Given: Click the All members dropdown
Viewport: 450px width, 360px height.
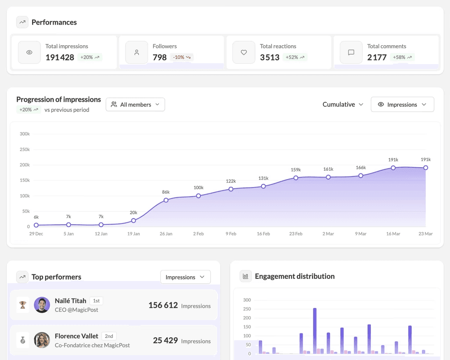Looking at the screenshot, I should click(135, 104).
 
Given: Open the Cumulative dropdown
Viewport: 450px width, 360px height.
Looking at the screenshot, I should click(343, 104).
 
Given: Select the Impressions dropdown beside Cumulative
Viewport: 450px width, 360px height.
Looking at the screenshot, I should click(402, 104).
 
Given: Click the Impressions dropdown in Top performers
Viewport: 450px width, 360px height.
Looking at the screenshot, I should click(185, 277).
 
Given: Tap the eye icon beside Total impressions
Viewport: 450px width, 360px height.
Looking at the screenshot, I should click(29, 52).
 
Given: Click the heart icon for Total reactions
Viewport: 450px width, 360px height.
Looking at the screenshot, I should click(244, 52).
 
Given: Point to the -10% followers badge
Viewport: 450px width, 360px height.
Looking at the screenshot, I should click(181, 57).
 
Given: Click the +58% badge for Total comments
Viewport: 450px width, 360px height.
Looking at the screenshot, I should click(402, 57).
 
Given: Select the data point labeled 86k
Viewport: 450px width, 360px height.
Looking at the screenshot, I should click(166, 200).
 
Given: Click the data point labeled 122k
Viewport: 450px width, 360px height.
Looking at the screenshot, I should click(231, 189).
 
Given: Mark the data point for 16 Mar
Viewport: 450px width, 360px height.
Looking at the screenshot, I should click(393, 168).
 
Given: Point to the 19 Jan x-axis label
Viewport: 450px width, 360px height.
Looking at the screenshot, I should click(134, 234).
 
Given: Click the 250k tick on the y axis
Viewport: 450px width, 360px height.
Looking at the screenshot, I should click(25, 149).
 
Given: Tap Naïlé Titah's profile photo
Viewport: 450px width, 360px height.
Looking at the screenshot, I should click(42, 305).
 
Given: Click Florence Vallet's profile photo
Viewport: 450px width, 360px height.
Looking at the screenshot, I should click(42, 340).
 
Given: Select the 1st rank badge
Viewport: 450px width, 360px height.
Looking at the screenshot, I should click(96, 301).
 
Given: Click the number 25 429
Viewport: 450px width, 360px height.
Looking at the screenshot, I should click(165, 340).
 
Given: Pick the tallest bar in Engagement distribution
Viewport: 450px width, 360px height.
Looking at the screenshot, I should click(315, 329).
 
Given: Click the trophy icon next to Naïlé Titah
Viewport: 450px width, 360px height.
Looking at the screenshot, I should click(23, 305).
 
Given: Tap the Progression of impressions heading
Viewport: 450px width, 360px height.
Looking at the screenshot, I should click(58, 100).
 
